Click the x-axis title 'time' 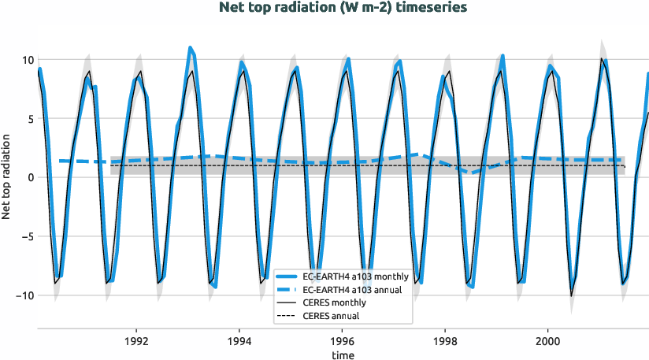343,355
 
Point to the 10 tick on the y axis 27,60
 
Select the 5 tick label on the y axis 29,119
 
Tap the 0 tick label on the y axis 29,177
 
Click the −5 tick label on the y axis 27,236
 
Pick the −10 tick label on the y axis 24,295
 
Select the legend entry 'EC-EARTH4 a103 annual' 352,290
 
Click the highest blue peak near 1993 190,48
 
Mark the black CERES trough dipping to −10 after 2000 572,295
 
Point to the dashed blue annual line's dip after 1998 472,173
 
